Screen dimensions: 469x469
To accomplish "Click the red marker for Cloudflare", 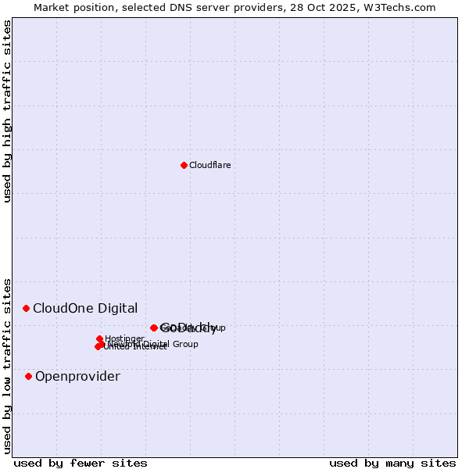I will click(184, 165).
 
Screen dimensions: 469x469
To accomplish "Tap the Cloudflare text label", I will click(209, 165).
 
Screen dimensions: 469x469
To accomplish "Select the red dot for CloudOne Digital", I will click(26, 308).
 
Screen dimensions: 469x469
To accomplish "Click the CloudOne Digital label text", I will click(85, 308).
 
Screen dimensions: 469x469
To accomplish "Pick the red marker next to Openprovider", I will click(29, 376).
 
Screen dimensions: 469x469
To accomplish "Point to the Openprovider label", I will click(77, 377).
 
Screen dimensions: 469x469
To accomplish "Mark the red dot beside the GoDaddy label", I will click(154, 328).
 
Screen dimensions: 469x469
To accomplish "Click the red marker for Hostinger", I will click(100, 339).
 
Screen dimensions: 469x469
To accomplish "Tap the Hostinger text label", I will click(124, 339).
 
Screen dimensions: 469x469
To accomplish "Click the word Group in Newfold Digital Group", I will click(185, 344).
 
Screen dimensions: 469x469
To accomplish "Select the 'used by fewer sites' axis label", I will click(81, 463).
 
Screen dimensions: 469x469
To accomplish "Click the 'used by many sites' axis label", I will click(392, 463).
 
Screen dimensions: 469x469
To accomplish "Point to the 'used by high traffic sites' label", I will click(8, 111).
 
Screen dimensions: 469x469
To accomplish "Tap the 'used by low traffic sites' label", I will click(8, 365).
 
